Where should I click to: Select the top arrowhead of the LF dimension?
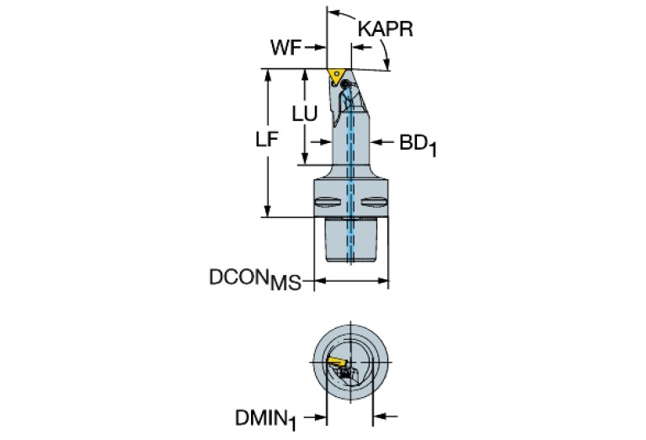(268, 75)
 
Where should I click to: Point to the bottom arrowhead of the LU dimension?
(305, 159)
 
